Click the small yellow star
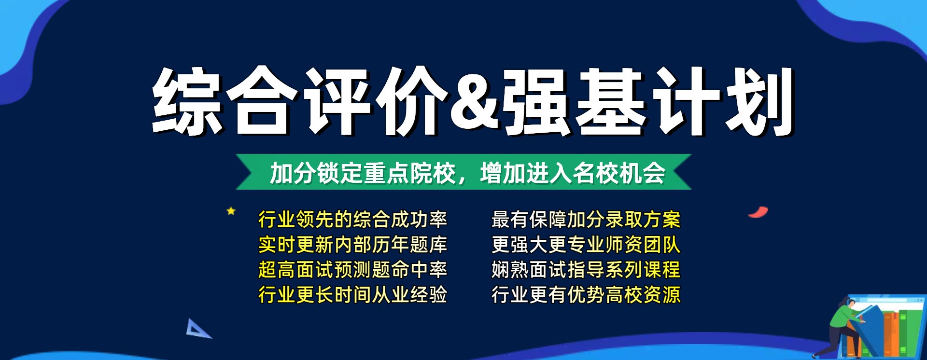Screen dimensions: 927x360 231,211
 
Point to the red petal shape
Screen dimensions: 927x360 758,212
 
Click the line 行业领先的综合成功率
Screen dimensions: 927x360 352,220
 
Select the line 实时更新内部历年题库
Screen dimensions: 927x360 352,245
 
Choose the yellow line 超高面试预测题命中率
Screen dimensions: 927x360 352,270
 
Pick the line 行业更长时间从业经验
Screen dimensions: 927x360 352,295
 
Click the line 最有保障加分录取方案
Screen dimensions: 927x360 586,220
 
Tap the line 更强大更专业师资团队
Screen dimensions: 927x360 586,245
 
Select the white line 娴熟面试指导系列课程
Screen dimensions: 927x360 586,270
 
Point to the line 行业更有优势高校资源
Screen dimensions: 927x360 586,295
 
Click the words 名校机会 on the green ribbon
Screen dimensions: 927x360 619,173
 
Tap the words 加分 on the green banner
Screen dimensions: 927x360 293,173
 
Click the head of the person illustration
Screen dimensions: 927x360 851,304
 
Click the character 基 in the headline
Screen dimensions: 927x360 611,101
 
